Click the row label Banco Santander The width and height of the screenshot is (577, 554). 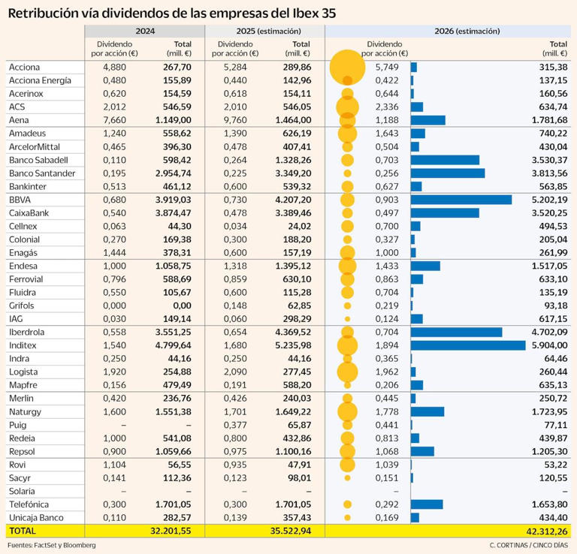pyautogui.click(x=41, y=173)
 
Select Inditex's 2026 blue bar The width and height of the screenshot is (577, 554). pyautogui.click(x=467, y=345)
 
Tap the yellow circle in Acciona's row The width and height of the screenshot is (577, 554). pyautogui.click(x=347, y=68)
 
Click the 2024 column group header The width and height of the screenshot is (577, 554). pyautogui.click(x=144, y=32)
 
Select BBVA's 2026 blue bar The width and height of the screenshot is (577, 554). pyautogui.click(x=461, y=200)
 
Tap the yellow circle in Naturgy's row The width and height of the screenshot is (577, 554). pyautogui.click(x=347, y=411)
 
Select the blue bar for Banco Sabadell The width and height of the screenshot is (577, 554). pyautogui.click(x=445, y=160)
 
